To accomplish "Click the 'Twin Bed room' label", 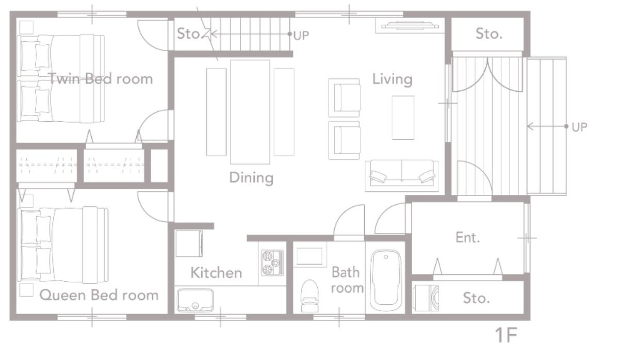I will [101, 79].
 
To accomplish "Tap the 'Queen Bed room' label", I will [99, 296].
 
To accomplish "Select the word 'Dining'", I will [251, 178].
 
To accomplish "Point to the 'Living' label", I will [393, 79].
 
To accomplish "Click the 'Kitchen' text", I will [216, 273].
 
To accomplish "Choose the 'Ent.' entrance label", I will [468, 238].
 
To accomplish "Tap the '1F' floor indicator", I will [506, 336].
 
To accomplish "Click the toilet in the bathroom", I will [309, 295].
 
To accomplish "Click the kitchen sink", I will [195, 300].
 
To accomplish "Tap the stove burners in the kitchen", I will [272, 263].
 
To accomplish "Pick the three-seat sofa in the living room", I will [402, 175].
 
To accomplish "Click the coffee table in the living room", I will [403, 118].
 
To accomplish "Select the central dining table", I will [250, 111].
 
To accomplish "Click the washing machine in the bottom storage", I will [428, 298].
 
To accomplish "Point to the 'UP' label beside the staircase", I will [301, 36].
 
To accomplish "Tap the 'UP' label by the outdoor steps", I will [579, 127].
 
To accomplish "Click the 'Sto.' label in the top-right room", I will [488, 35].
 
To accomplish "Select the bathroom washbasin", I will [309, 256].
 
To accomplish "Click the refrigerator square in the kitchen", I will [189, 243].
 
